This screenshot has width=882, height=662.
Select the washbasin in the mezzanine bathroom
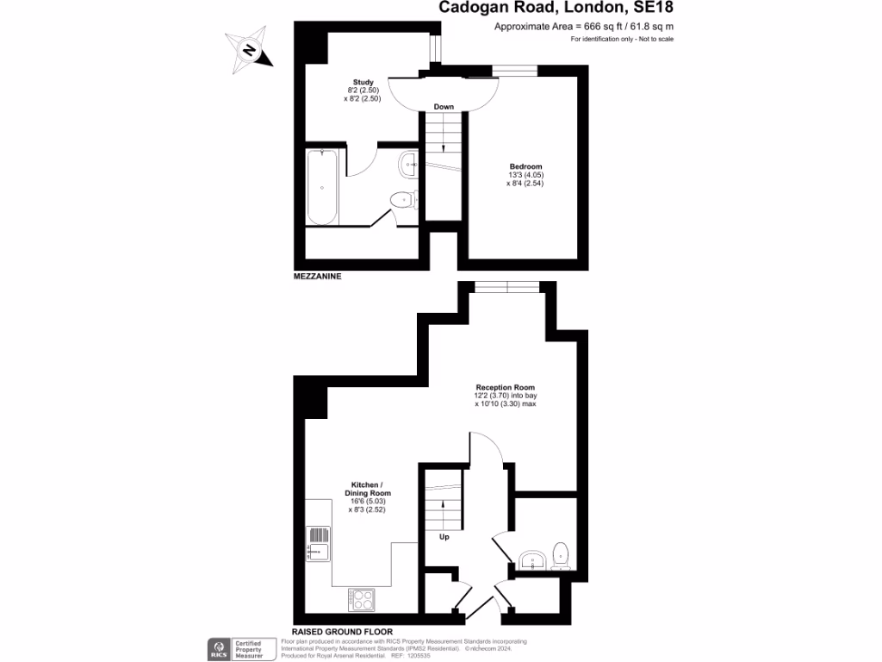point(408,162)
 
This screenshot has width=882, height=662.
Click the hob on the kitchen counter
point(362,598)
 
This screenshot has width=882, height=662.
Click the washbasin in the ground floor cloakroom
point(534,562)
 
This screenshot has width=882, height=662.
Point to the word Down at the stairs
point(444,107)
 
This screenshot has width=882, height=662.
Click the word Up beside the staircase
point(444,537)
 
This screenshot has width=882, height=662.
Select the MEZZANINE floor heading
point(318,278)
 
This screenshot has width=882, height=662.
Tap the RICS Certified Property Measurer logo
point(235,649)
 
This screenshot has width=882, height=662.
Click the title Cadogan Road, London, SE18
point(556,9)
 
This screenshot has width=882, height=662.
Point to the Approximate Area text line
point(583,27)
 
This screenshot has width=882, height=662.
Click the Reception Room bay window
point(507,286)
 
